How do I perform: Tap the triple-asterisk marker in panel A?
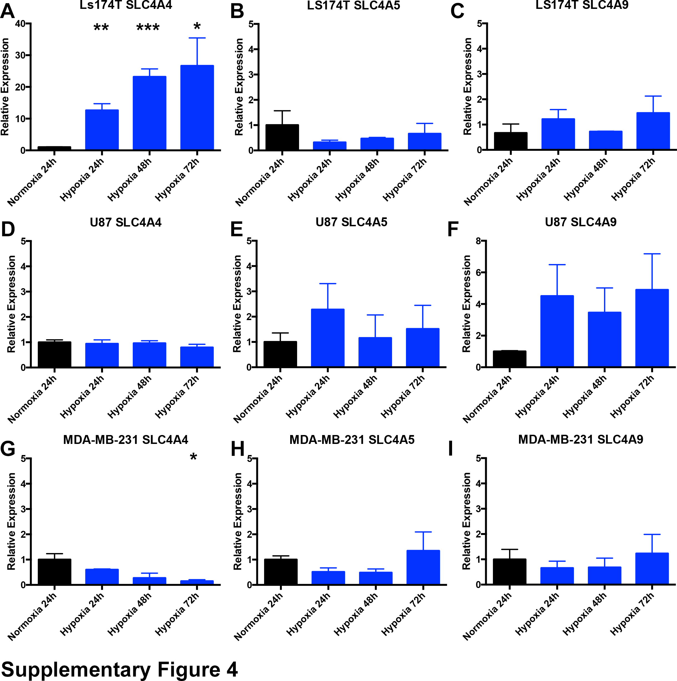[148, 28]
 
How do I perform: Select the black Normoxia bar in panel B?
[282, 137]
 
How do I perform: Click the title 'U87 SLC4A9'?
[580, 222]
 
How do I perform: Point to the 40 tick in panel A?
[20, 24]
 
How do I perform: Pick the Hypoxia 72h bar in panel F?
[652, 328]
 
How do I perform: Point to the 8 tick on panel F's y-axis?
[478, 241]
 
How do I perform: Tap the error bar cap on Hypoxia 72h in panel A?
[197, 38]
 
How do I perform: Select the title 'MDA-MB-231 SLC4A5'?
[352, 439]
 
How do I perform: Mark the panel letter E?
[237, 230]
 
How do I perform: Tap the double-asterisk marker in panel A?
[101, 28]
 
